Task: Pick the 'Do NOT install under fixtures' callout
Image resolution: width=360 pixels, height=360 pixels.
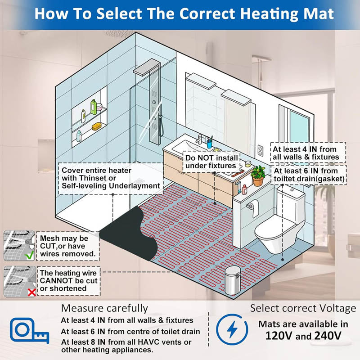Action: (x=211, y=162)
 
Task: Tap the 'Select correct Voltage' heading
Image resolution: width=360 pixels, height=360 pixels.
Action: (x=303, y=308)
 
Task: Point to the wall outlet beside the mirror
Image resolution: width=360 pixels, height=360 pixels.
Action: (x=260, y=150)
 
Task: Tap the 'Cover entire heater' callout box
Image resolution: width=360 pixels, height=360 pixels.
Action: (x=110, y=178)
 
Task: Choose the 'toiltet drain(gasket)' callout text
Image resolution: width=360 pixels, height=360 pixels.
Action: (x=310, y=179)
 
